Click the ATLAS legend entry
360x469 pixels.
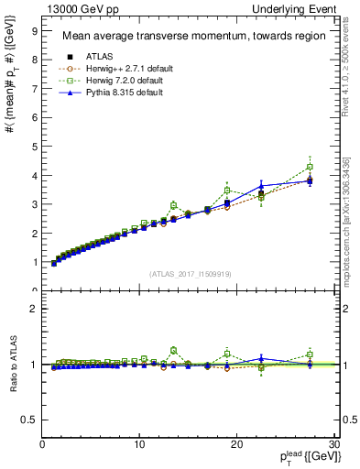[101, 56]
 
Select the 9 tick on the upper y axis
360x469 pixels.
[34, 30]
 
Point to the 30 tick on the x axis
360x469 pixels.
[333, 444]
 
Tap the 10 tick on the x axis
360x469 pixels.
[139, 444]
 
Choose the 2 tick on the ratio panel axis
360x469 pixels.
[34, 309]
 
